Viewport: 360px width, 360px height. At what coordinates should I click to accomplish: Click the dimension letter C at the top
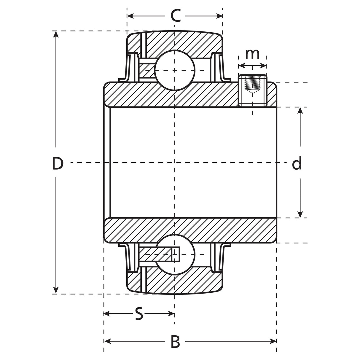tap(176, 16)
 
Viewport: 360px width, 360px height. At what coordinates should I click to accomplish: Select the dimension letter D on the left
tap(58, 164)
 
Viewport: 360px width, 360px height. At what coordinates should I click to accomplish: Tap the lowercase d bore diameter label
tap(297, 164)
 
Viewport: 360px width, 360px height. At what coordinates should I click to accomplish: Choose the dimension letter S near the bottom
tap(139, 314)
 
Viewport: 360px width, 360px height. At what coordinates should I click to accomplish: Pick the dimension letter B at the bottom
tap(176, 342)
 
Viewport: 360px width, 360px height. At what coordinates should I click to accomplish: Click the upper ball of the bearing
tap(175, 70)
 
